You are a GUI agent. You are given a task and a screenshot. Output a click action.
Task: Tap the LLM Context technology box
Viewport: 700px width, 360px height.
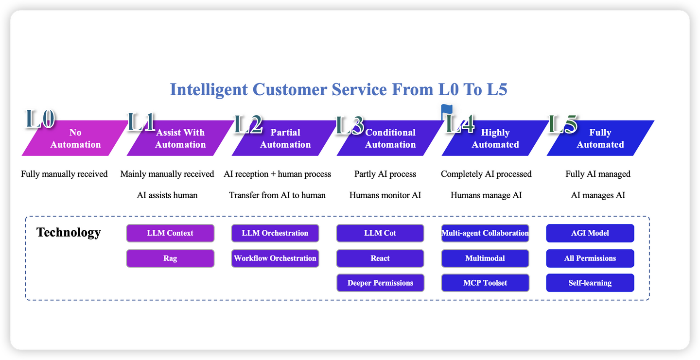[x=170, y=233]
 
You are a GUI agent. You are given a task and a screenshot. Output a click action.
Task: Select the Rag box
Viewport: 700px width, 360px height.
[x=170, y=258]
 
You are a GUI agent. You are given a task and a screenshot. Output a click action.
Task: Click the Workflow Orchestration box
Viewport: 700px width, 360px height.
[x=275, y=258]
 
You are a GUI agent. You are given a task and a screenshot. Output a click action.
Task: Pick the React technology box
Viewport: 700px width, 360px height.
[x=380, y=258]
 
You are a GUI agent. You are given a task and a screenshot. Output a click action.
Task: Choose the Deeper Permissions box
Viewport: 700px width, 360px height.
[x=380, y=283]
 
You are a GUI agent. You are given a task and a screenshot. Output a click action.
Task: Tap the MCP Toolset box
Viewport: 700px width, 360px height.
[x=485, y=283]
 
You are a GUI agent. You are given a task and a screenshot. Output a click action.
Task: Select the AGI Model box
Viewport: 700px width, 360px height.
[x=590, y=233]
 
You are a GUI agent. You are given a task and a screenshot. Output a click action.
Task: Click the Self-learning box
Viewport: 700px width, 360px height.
[x=590, y=283]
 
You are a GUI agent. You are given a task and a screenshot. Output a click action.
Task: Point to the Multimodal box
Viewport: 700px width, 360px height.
[x=485, y=258]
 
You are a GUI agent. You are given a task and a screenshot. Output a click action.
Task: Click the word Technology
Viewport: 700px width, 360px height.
[x=69, y=233]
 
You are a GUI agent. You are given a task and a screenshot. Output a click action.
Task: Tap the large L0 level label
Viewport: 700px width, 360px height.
[x=40, y=119]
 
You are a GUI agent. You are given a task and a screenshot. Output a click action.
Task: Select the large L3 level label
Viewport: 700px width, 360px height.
[x=350, y=125]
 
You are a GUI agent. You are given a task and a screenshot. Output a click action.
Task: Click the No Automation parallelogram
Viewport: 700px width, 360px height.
[x=75, y=138]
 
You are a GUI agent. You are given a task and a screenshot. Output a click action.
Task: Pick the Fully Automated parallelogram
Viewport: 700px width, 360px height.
[x=600, y=138]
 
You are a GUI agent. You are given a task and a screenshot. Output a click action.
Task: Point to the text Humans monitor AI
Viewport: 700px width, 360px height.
[x=385, y=195]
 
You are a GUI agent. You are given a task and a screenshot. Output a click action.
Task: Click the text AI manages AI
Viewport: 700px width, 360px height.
[x=598, y=195]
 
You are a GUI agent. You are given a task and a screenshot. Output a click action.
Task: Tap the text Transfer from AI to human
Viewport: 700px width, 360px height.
[x=277, y=195]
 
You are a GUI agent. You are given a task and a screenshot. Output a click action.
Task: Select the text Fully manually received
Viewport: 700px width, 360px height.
[x=64, y=174]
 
